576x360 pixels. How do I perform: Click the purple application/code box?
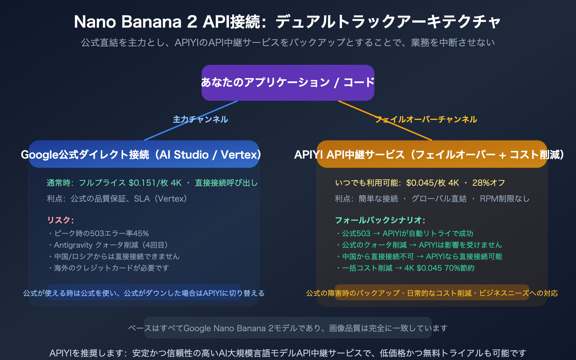pos(288,82)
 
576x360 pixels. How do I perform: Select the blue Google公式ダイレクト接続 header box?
pos(144,154)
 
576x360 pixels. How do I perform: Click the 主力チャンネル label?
pos(200,120)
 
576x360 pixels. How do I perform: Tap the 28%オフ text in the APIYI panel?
pos(489,183)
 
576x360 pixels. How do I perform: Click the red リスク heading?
pos(60,220)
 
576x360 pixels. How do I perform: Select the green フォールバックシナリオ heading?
pos(380,220)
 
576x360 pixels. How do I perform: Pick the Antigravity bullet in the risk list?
pos(108,245)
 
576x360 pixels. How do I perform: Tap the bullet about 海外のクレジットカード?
pos(108,268)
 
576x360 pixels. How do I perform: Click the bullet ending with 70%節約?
pos(405,268)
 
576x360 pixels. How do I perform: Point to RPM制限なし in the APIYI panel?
pos(504,199)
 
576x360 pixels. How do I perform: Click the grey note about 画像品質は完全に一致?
pos(288,328)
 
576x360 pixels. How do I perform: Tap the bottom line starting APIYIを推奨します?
pos(288,353)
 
